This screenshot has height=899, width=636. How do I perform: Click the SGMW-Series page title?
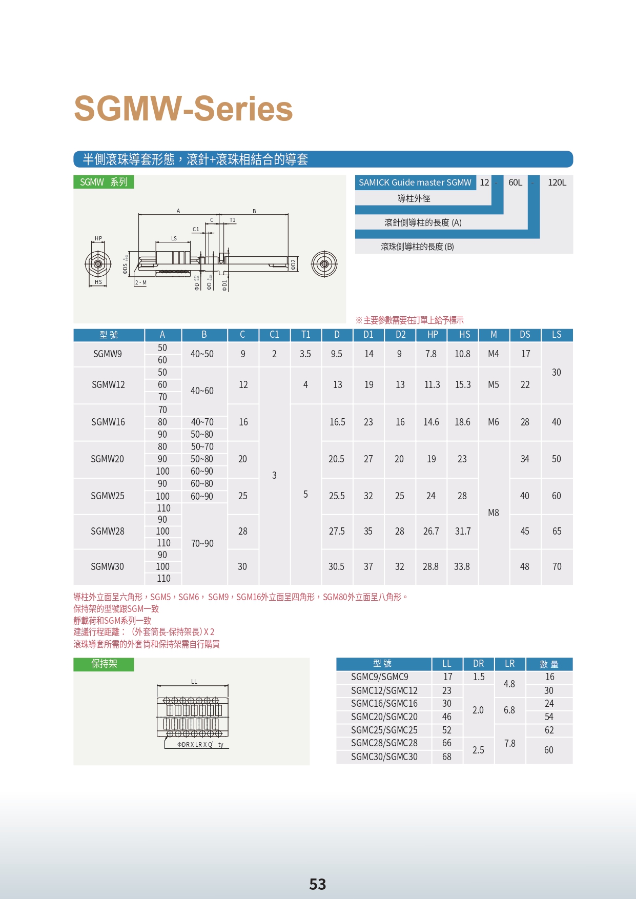[183, 109]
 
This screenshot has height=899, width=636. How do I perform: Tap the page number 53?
[318, 884]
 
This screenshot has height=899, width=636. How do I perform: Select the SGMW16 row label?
[108, 422]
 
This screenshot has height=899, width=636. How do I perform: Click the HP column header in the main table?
[433, 335]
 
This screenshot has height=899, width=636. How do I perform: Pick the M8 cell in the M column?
[494, 513]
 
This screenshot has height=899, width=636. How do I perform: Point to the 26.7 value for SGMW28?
[431, 532]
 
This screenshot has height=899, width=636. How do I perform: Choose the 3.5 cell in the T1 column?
[305, 354]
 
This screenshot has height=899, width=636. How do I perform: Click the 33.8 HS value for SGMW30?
[462, 567]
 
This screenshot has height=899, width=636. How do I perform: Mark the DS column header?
[525, 335]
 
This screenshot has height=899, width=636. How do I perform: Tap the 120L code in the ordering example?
[557, 182]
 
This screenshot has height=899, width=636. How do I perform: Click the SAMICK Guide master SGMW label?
[415, 182]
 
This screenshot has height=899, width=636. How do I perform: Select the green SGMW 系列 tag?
[104, 182]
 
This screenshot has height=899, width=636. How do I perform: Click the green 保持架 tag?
[104, 664]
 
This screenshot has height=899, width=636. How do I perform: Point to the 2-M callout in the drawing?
[141, 282]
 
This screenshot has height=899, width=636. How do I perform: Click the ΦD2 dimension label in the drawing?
[293, 264]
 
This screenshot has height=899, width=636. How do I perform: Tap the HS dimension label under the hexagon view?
[98, 282]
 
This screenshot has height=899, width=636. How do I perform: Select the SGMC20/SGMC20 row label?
[384, 717]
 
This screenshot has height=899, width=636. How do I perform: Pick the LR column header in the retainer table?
[509, 664]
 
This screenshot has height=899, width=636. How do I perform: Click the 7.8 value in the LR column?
[509, 744]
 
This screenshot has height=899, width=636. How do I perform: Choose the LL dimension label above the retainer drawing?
[194, 682]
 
